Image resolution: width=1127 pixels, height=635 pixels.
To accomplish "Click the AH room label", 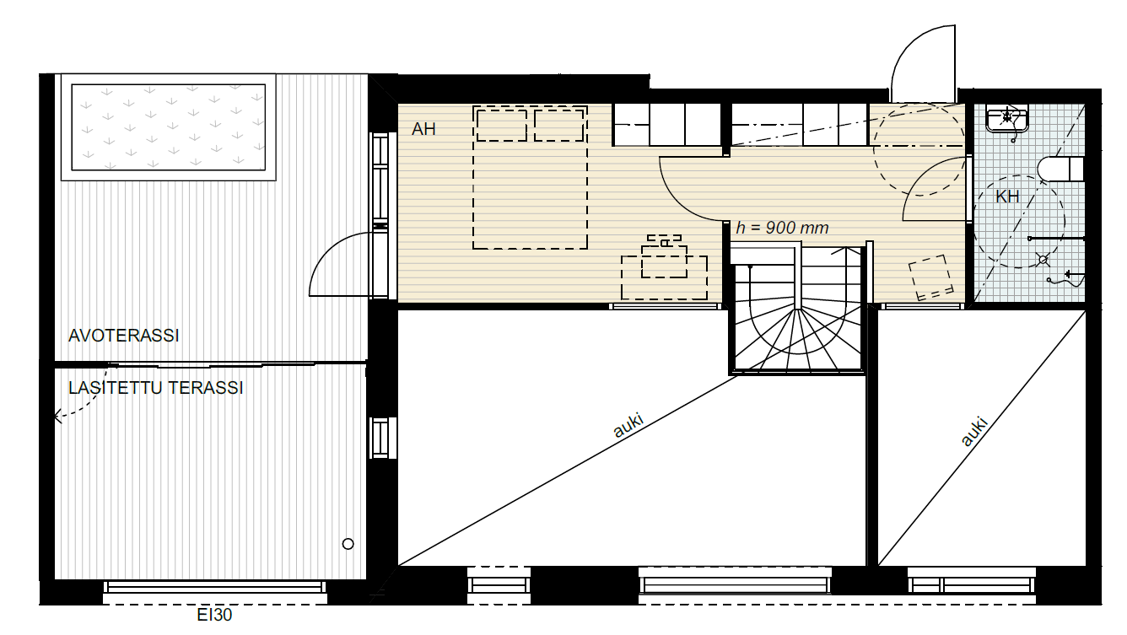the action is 423,129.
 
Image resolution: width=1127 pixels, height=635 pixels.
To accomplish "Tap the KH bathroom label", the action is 1007,196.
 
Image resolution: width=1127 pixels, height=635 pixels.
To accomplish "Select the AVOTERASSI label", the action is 124,336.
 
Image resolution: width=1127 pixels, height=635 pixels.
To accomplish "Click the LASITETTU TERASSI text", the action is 155,388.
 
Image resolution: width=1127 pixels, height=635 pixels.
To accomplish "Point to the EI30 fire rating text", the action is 214,615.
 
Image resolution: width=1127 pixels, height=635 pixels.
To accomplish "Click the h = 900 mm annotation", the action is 782,228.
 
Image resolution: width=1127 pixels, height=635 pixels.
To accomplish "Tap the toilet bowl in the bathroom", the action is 1060,169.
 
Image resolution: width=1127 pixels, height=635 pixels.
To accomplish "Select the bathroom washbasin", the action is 1007,120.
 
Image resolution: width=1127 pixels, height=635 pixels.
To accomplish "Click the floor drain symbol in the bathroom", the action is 1043,260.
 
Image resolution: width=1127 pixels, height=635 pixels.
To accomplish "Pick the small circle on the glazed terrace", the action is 348,543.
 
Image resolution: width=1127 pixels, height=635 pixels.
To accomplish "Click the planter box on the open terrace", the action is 169,127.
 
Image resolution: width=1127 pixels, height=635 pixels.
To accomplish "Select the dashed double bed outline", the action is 530,177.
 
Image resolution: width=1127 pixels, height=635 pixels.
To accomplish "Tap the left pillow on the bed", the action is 502,125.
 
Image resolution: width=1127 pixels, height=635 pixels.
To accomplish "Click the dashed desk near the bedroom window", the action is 664,277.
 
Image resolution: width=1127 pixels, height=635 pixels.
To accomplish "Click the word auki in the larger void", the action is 628,426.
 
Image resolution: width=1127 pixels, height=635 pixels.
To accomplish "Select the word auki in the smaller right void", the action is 974,432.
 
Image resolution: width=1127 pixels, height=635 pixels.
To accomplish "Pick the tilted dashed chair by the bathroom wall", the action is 930,277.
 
